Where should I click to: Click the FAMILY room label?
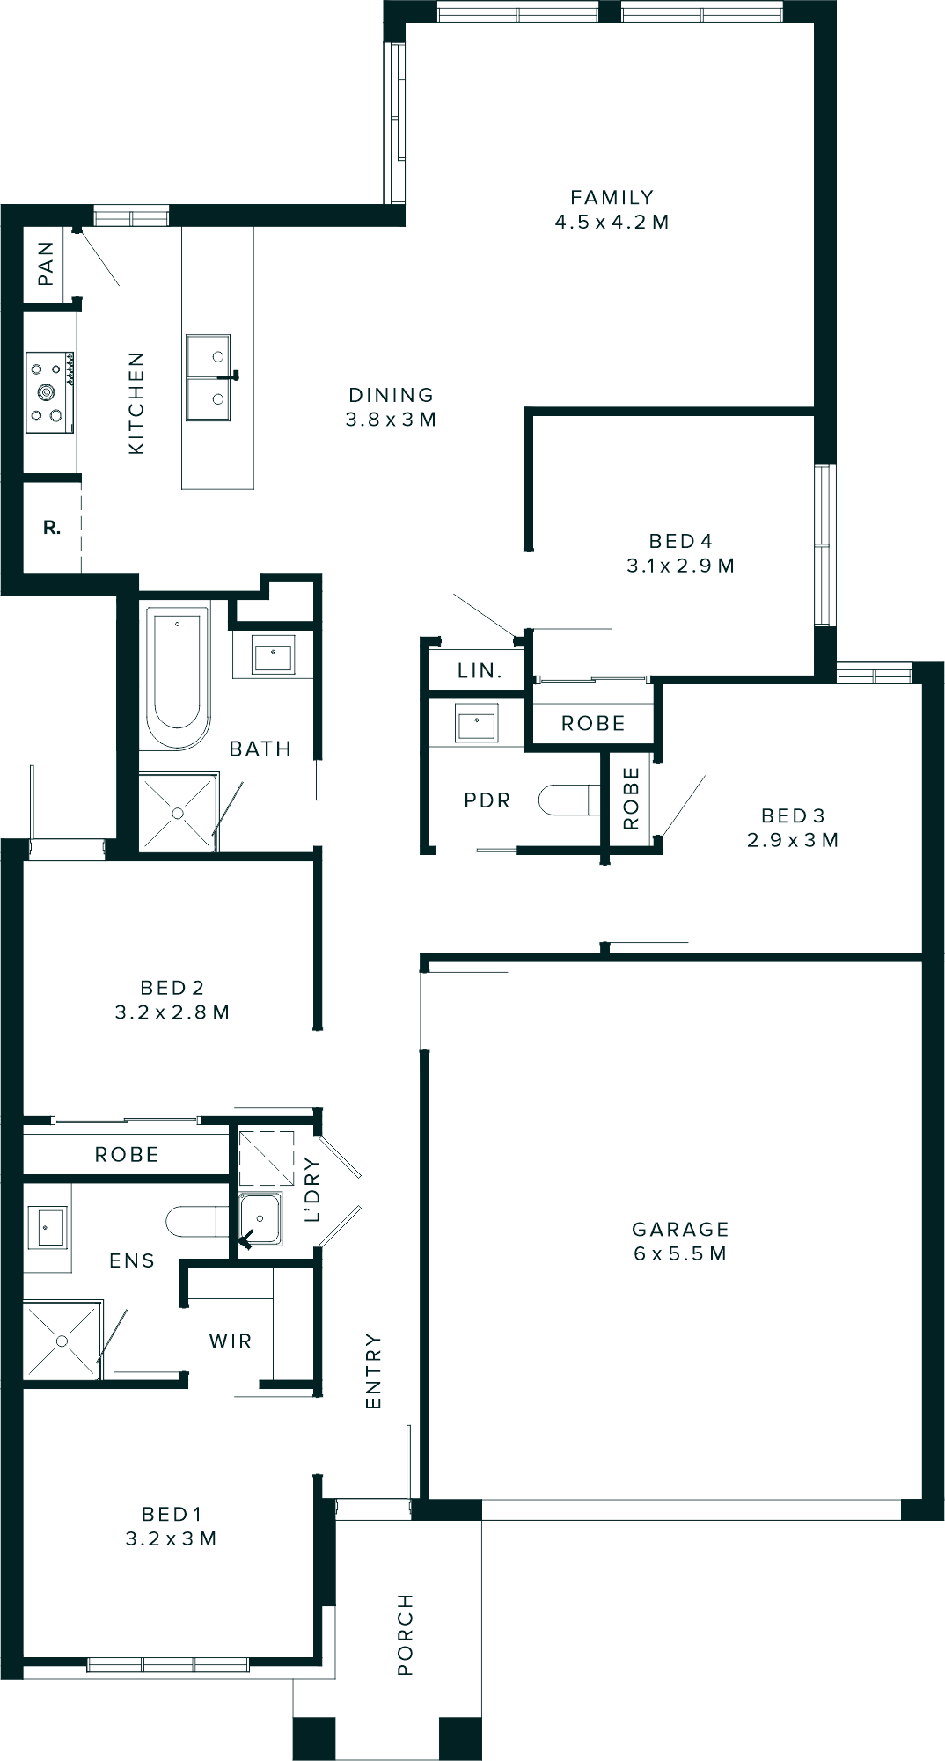[x=612, y=197]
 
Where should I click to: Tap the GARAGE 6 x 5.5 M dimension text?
[x=680, y=1253]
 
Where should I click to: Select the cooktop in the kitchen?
[x=49, y=391]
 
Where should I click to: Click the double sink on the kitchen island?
[x=208, y=377]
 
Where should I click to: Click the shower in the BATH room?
[x=178, y=813]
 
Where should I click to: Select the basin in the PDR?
[x=477, y=724]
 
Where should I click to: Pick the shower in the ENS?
[x=62, y=1341]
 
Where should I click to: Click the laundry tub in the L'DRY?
[x=260, y=1220]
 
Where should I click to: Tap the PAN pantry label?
[x=46, y=263]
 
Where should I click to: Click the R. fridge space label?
[x=52, y=528]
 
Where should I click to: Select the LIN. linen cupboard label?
[x=480, y=670]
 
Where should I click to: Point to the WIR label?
[x=231, y=1341]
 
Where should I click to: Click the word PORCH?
[x=405, y=1633]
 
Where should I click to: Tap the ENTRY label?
[x=373, y=1370]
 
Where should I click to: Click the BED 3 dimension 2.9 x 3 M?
[x=793, y=840]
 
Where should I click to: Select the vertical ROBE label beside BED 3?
[x=631, y=798]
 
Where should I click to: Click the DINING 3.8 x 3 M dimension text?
[x=392, y=420]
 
